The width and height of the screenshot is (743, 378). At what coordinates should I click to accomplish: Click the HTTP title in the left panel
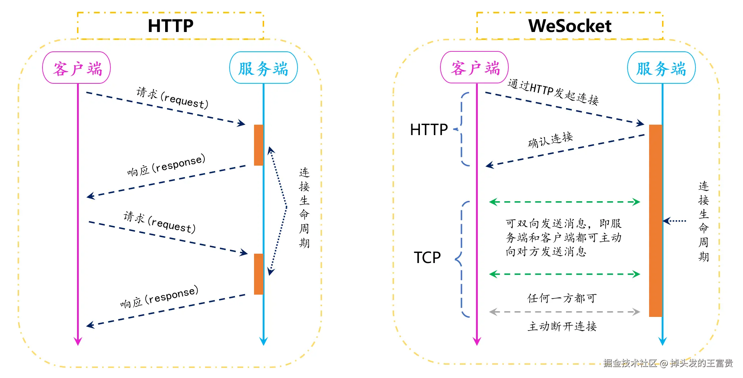point(171,26)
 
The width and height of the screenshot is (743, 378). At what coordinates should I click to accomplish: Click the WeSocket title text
point(570,26)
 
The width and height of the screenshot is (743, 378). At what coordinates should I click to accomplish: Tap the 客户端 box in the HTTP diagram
point(77,68)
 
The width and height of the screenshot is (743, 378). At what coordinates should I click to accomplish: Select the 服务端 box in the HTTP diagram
point(263,68)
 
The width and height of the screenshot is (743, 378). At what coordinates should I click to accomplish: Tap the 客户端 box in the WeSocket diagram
point(475,68)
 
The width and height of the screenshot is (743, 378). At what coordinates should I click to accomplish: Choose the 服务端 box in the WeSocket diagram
point(661,68)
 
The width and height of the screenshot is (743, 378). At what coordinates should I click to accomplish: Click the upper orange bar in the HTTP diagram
point(258,145)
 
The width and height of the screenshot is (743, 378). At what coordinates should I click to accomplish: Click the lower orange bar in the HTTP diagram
point(258,274)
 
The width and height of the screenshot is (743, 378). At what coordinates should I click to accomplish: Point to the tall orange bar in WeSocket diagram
point(655,221)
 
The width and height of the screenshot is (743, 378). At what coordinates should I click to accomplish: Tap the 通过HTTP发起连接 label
point(553,92)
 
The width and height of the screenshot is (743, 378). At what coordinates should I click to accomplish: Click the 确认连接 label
point(550,139)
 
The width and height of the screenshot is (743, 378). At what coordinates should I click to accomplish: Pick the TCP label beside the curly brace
point(427,258)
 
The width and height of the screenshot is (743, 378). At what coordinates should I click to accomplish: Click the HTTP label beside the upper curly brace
point(429,129)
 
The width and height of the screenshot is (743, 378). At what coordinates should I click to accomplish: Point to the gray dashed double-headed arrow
point(564,312)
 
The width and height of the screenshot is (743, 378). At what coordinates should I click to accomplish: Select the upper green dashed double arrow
point(564,202)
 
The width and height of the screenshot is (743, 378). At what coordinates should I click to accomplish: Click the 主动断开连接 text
point(562,326)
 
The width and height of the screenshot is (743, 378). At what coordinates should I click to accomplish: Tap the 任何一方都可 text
point(562,298)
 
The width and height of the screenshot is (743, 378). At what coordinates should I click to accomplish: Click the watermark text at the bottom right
point(668,363)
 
